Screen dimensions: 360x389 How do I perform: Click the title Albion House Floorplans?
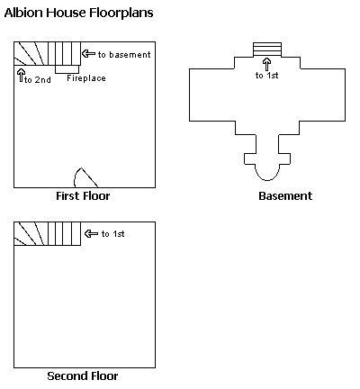pos(78,13)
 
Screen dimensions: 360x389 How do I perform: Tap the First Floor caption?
pos(83,196)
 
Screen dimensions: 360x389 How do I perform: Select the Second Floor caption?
pos(83,375)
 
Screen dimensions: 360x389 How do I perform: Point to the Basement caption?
pos(285,196)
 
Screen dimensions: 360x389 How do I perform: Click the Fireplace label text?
pos(86,78)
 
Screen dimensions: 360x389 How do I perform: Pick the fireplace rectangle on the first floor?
pos(67,69)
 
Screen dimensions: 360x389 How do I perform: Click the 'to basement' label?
pos(124,55)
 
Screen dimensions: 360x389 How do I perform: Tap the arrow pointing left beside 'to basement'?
pos(89,54)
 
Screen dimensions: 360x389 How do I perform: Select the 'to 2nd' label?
pos(38,80)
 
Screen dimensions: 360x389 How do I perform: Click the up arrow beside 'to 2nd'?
pos(21,75)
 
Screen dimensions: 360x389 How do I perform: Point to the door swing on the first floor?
pos(85,178)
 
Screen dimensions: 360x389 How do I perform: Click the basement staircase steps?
pos(267,50)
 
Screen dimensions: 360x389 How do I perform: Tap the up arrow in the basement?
pos(267,65)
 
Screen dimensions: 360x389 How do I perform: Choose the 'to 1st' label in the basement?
pos(267,76)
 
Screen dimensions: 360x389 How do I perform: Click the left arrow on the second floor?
pos(91,233)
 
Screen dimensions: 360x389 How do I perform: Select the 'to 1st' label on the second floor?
pos(113,234)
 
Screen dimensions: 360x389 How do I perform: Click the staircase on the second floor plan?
pos(48,234)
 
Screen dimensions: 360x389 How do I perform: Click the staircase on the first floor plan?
pos(48,54)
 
